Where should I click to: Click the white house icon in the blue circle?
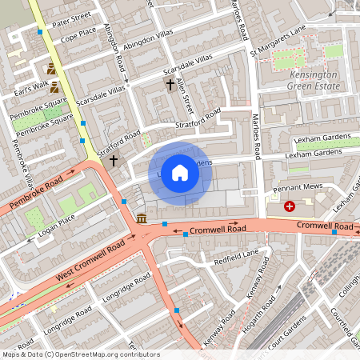180,173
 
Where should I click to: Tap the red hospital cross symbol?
290,206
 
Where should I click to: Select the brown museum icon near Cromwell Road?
142,218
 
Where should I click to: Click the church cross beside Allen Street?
170,83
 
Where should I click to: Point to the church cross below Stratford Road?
113,161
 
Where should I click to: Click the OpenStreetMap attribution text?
80,354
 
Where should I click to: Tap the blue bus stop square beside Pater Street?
40,32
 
